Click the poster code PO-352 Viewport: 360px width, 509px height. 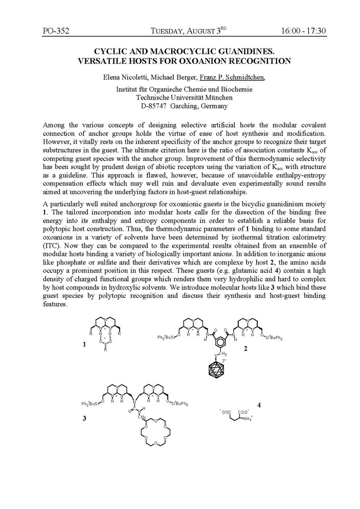pos(56,31)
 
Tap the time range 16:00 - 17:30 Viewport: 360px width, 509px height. pos(303,31)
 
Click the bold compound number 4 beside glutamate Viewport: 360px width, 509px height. pos(260,405)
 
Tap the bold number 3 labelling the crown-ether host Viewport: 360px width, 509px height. pos(84,418)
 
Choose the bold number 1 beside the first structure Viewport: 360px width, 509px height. pos(84,345)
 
